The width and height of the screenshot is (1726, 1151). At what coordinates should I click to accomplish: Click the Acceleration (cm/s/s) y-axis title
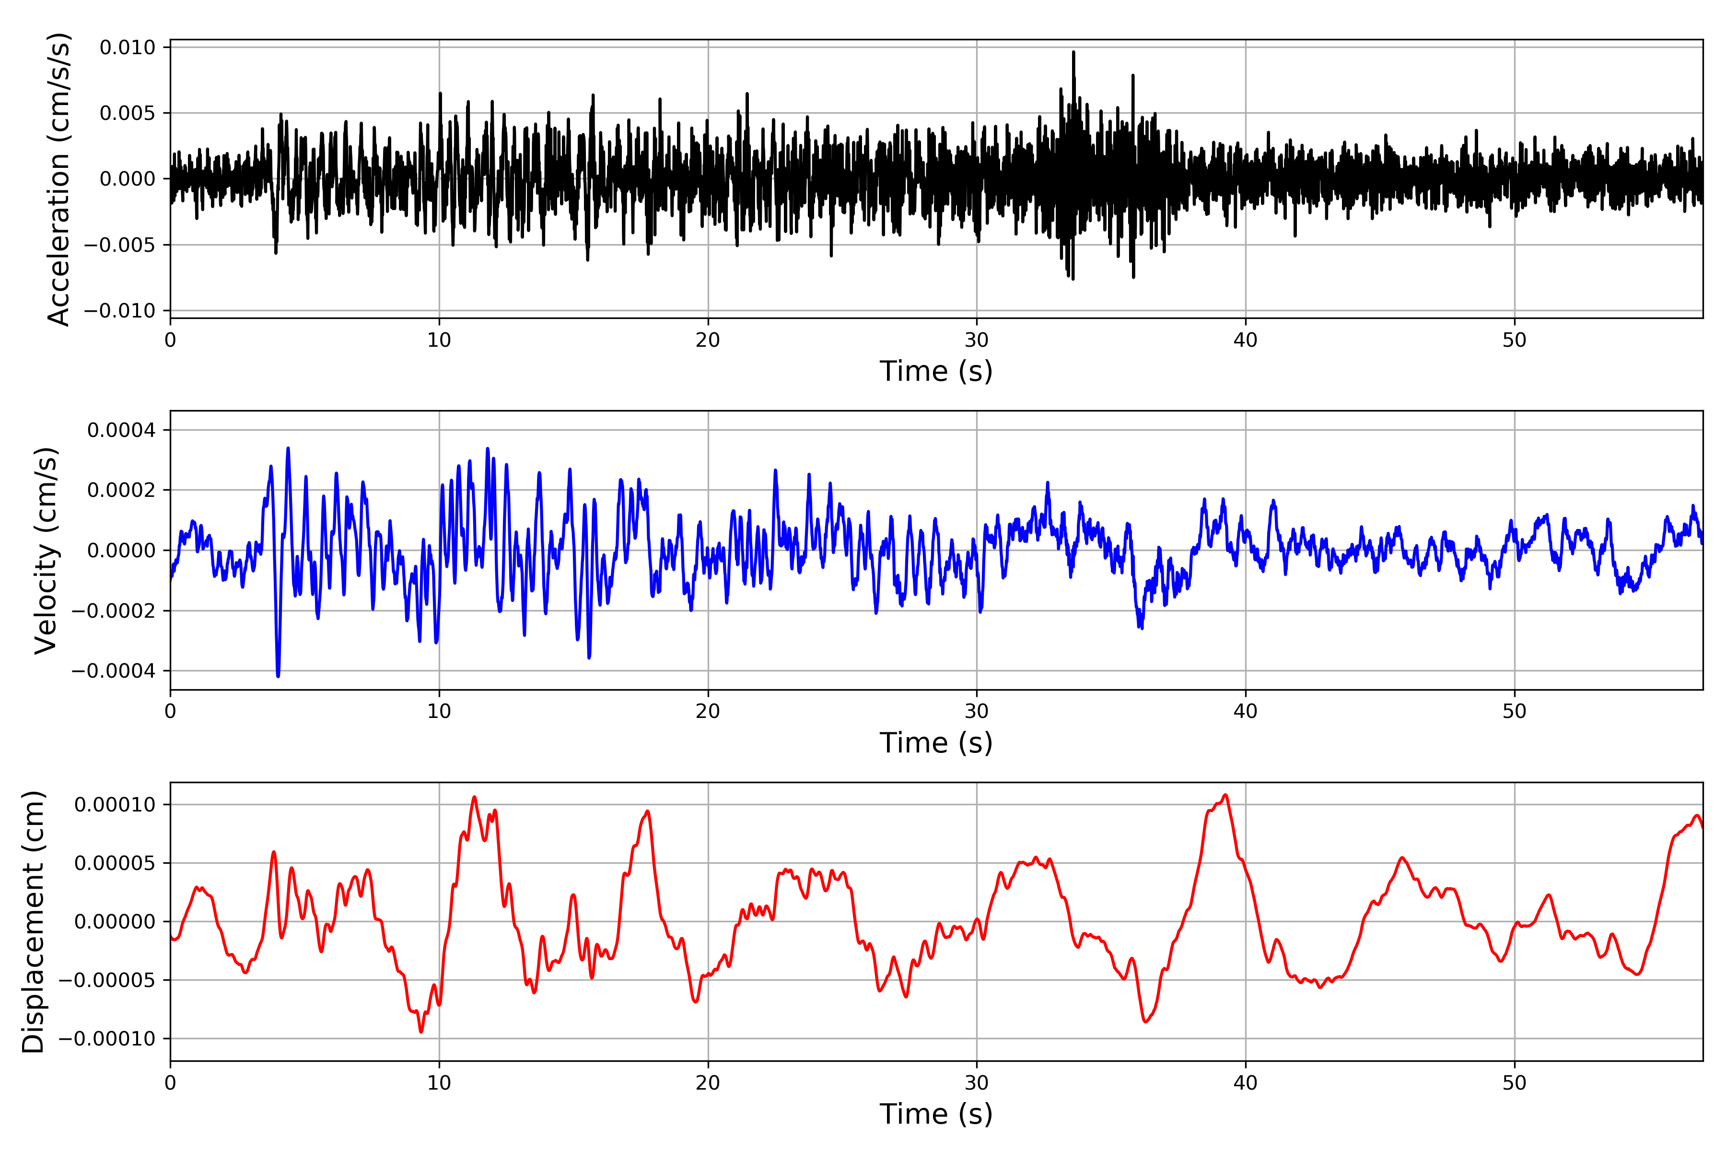coord(58,178)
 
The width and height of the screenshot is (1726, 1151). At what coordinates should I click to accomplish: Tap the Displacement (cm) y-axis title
coord(33,921)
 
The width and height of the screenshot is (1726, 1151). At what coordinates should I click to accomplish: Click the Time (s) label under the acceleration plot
coord(936,371)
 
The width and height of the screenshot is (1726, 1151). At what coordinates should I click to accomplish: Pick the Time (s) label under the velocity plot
coord(936,743)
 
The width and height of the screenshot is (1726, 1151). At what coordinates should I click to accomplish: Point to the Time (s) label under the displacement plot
coord(936,1114)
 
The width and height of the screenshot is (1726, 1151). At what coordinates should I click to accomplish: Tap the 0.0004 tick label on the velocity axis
coord(121,430)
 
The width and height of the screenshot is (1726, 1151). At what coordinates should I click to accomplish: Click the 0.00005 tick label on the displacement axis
coord(115,863)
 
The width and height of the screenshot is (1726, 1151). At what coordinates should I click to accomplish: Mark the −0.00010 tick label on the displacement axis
coord(106,1039)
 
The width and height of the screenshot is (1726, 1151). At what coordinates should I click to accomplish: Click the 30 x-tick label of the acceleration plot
coord(976,341)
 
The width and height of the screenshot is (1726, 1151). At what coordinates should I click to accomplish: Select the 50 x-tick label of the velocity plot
coord(1514,711)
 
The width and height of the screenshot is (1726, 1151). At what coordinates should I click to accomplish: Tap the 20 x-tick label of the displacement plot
coord(708,1083)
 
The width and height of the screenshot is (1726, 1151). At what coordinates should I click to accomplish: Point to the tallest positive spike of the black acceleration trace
coord(1073,53)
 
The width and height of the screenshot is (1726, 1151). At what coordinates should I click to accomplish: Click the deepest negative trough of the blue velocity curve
coord(278,675)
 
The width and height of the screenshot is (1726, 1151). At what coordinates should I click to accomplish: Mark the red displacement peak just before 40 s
coord(1225,795)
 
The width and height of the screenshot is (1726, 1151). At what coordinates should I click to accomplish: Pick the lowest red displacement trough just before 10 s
coord(421,1032)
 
